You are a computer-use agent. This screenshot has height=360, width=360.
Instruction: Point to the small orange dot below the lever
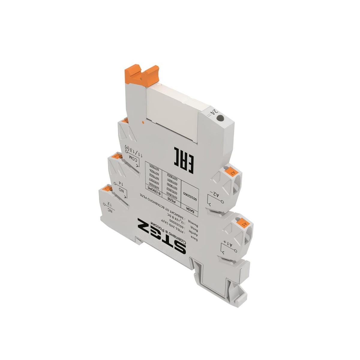tap(143, 122)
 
